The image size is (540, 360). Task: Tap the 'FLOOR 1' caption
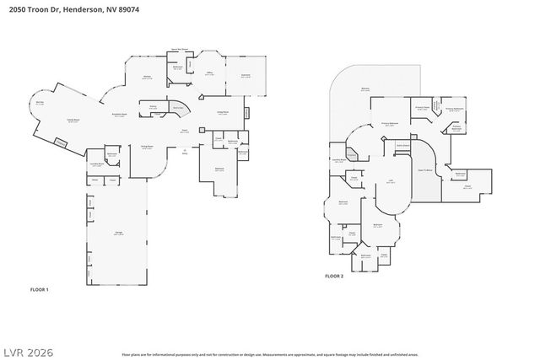(x=39, y=289)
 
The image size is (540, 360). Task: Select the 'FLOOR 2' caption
(x=335, y=276)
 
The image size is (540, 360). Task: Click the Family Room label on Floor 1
(x=62, y=121)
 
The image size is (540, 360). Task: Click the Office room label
(x=208, y=74)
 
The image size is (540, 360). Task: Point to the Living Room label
(x=224, y=112)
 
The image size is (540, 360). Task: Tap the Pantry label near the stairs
(x=154, y=106)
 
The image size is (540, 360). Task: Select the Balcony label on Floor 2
(x=365, y=89)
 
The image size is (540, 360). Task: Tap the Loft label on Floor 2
(x=391, y=180)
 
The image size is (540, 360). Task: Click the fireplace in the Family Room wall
(x=60, y=144)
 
